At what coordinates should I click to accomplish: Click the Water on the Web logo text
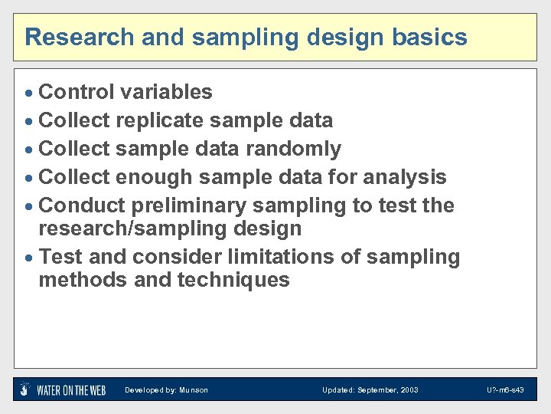(71, 390)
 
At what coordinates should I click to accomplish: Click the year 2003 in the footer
(409, 390)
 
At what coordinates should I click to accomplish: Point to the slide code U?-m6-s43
(505, 390)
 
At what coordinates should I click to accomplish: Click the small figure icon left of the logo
(25, 389)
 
